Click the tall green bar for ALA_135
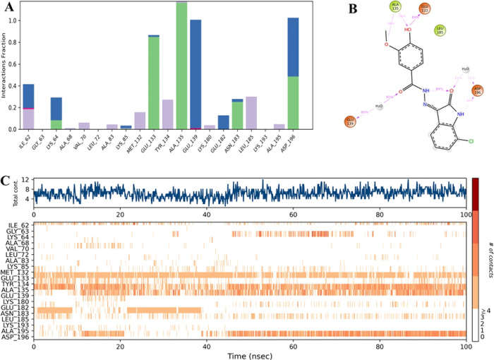click(x=181, y=67)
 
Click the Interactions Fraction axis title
click(x=6, y=66)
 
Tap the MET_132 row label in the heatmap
click(x=20, y=269)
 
